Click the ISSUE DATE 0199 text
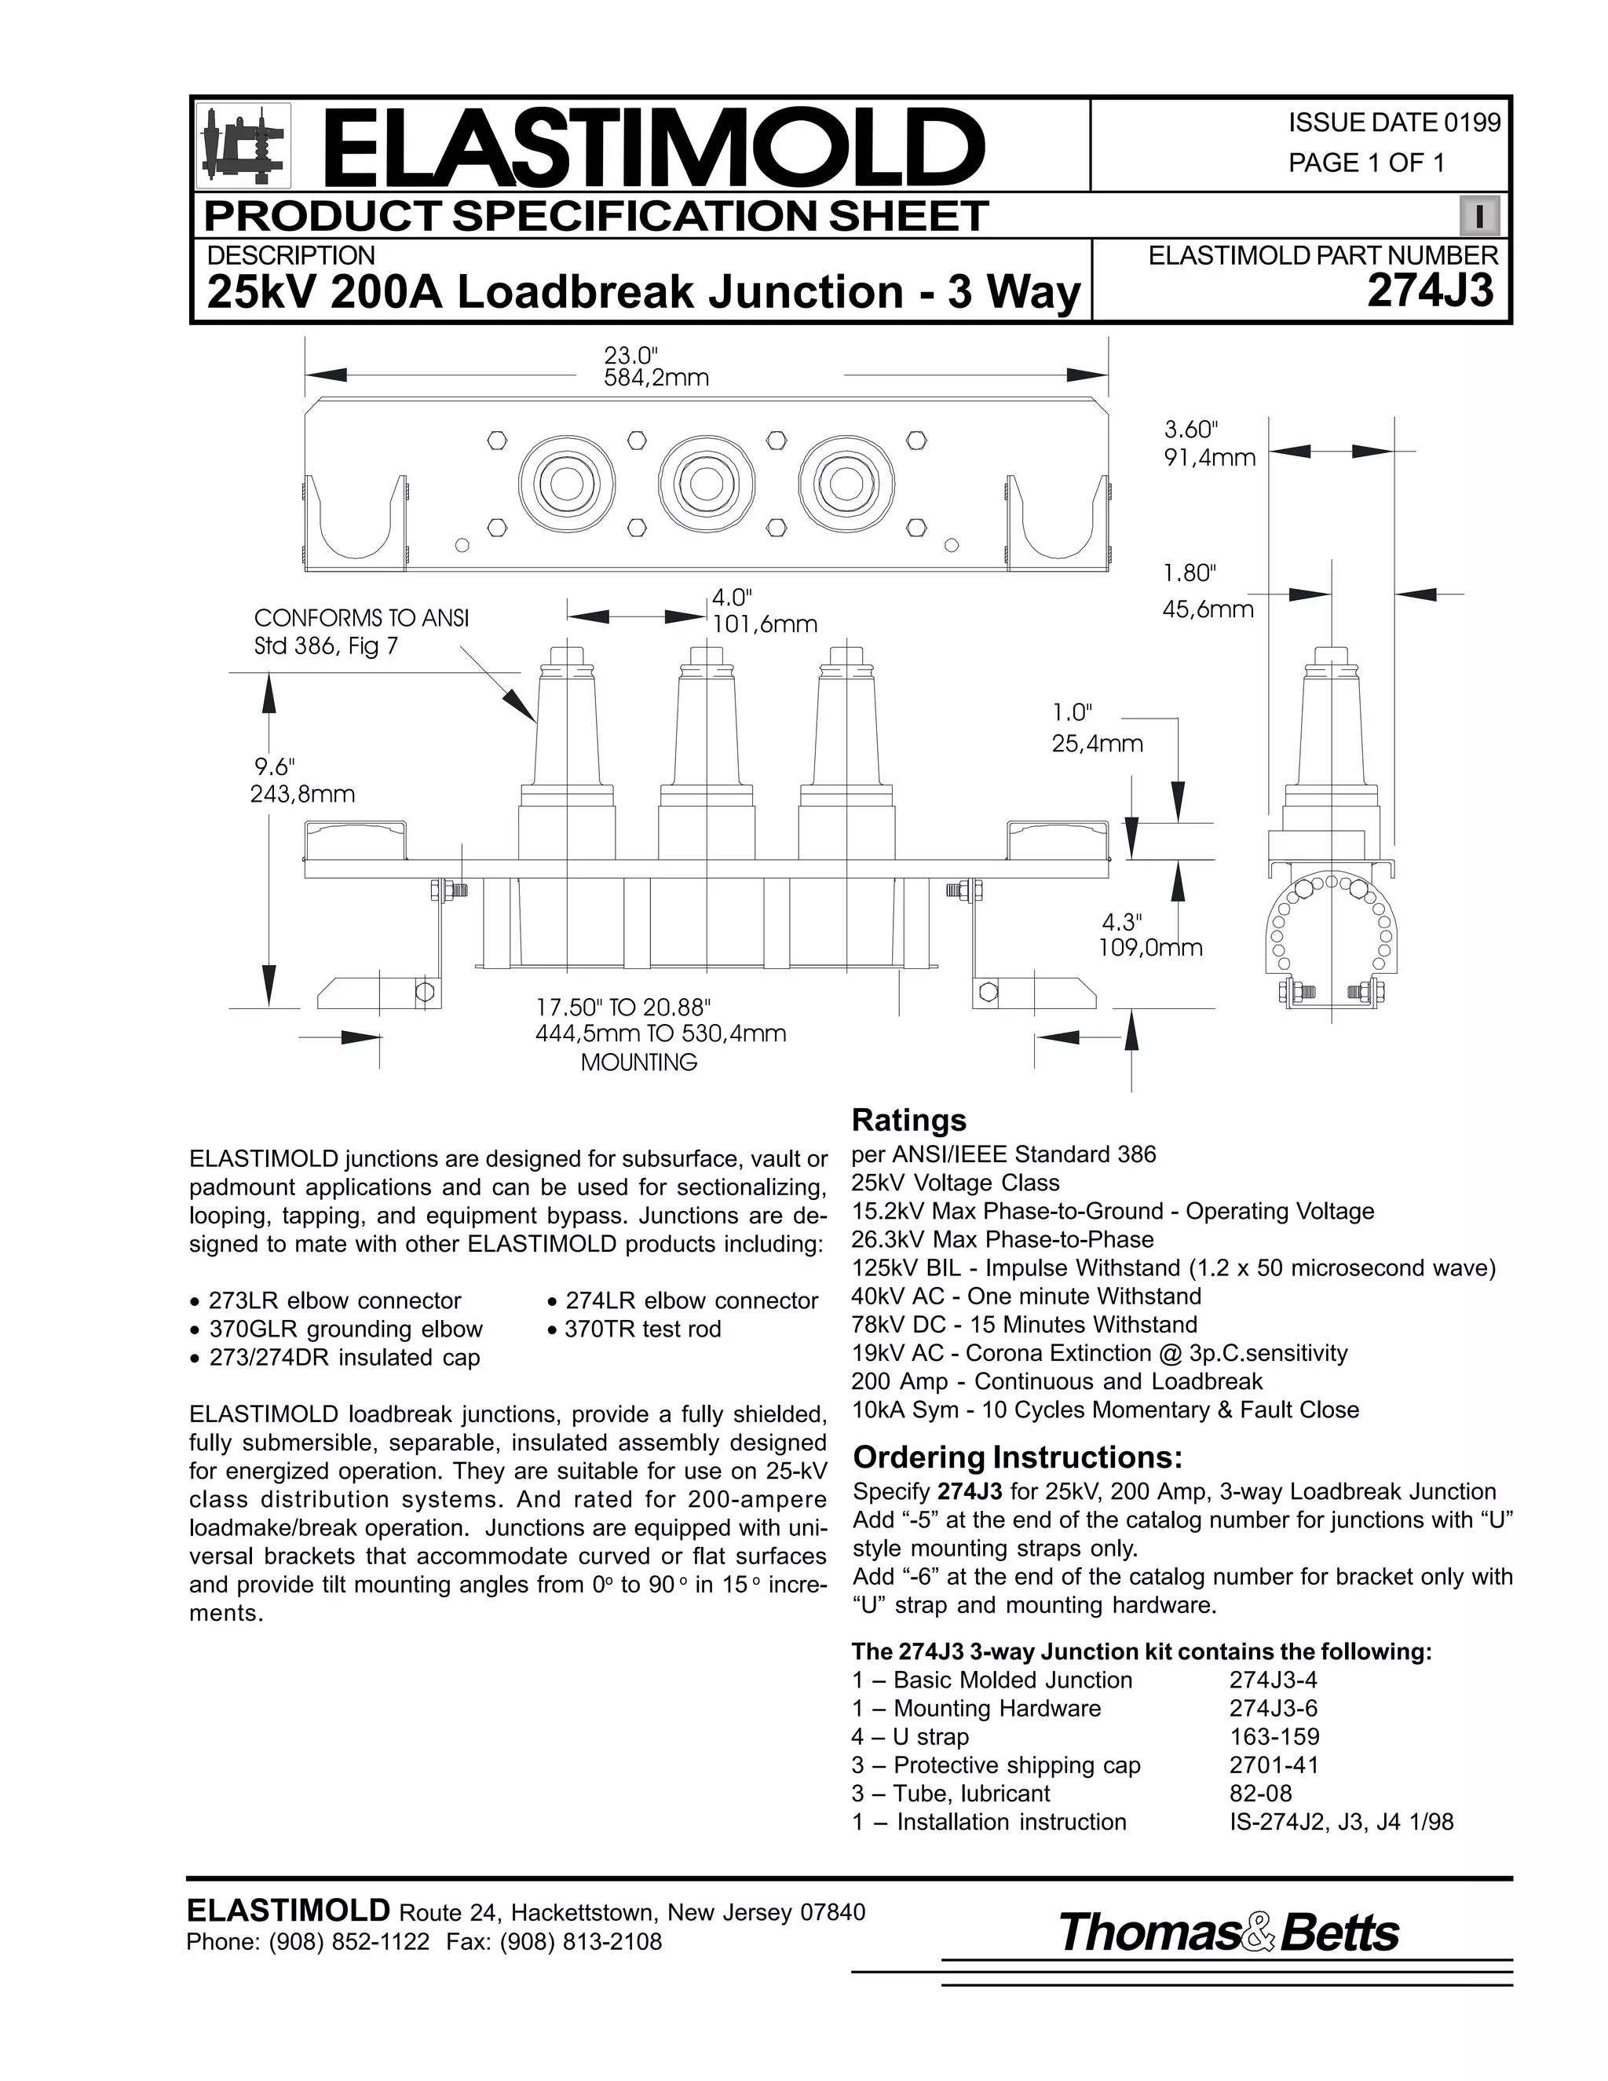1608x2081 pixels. coord(1394,123)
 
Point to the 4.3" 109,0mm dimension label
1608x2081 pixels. coord(1148,934)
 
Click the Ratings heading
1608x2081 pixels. coord(908,1120)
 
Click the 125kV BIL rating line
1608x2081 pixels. coord(1173,1268)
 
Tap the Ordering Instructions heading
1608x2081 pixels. coord(1017,1457)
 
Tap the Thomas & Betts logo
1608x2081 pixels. coord(1228,1933)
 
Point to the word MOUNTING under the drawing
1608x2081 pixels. coord(638,1062)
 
